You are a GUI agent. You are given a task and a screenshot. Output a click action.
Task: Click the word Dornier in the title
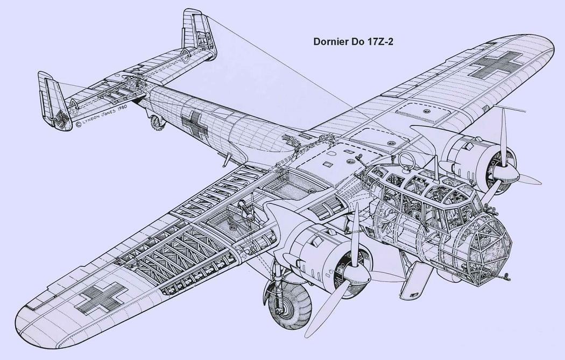point(328,41)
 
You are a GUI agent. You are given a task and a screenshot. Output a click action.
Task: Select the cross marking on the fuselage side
point(194,124)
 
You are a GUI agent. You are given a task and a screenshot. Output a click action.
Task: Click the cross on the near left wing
point(102,298)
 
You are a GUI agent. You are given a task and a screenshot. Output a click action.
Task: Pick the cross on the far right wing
point(496,65)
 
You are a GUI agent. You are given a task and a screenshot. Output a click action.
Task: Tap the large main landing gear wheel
point(289,306)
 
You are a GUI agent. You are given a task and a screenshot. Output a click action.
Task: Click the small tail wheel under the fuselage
point(158,122)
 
